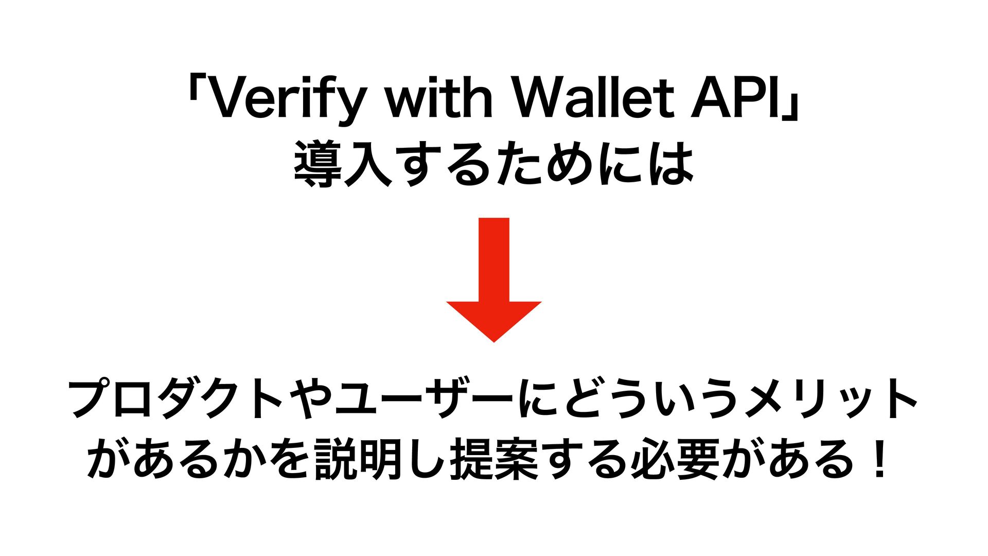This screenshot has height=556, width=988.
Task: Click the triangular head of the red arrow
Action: point(493,321)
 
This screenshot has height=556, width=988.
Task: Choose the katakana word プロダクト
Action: point(175,399)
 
